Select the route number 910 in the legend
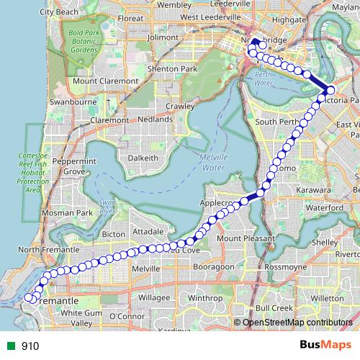pos(30,346)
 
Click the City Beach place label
pos(58,12)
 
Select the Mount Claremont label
pos(105,81)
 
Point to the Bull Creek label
pos(274,307)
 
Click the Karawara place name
pos(312,190)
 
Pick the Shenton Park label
pos(171,68)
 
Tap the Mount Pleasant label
pos(246,238)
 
